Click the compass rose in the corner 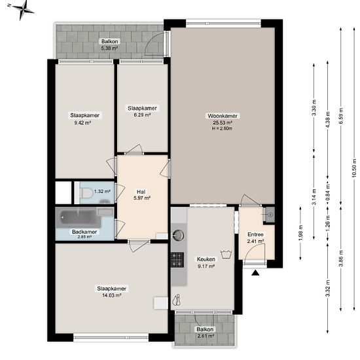[22, 10]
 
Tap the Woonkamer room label [223, 116]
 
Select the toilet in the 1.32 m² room [86, 192]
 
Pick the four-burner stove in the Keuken [177, 260]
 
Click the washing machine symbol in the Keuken [226, 254]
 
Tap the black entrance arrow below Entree [255, 273]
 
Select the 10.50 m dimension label [354, 168]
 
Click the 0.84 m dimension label [328, 192]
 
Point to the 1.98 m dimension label [301, 233]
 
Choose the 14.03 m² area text [111, 295]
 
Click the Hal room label [141, 192]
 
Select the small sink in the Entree [269, 215]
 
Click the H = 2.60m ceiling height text [222, 128]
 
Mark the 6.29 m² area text [142, 115]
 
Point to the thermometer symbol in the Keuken [177, 300]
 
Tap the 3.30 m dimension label [314, 107]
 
